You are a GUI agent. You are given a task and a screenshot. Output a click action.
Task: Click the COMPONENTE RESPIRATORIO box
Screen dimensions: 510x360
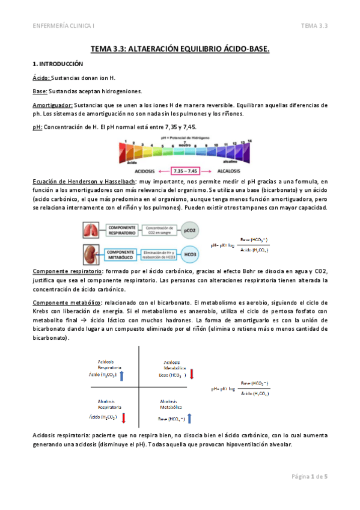coord(123,229)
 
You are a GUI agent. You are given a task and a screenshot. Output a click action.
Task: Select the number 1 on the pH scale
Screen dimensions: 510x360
coord(125,142)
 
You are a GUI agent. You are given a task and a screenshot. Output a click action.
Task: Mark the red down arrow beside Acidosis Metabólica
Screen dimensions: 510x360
coord(192,375)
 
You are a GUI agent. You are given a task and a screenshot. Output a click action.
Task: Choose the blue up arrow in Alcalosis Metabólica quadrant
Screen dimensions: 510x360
coord(189,418)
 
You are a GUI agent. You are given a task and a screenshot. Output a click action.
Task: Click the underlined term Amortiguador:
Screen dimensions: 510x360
coord(52,105)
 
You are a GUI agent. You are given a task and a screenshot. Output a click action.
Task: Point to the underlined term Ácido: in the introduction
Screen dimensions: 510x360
coord(41,78)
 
